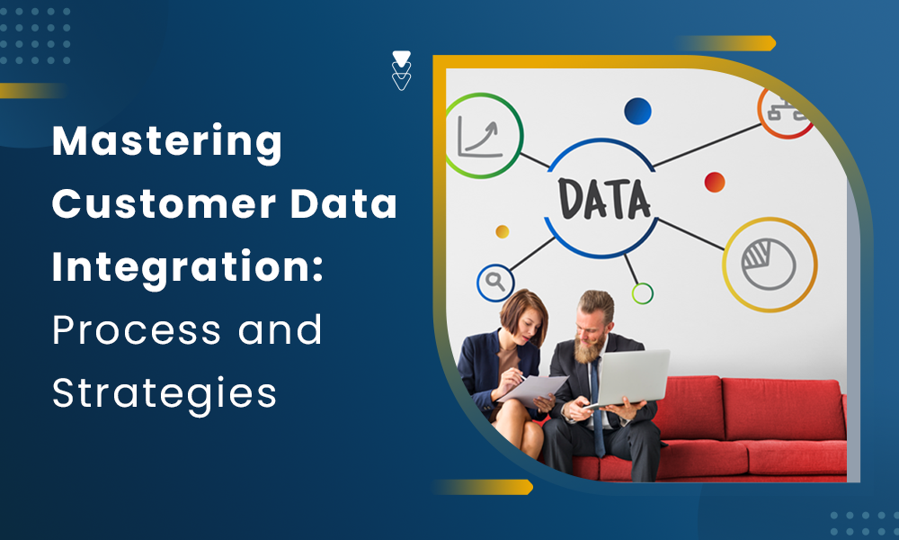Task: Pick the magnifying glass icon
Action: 494,281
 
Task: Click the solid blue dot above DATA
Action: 637,111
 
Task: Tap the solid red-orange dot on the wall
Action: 715,182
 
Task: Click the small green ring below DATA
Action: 642,293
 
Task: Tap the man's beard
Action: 588,348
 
